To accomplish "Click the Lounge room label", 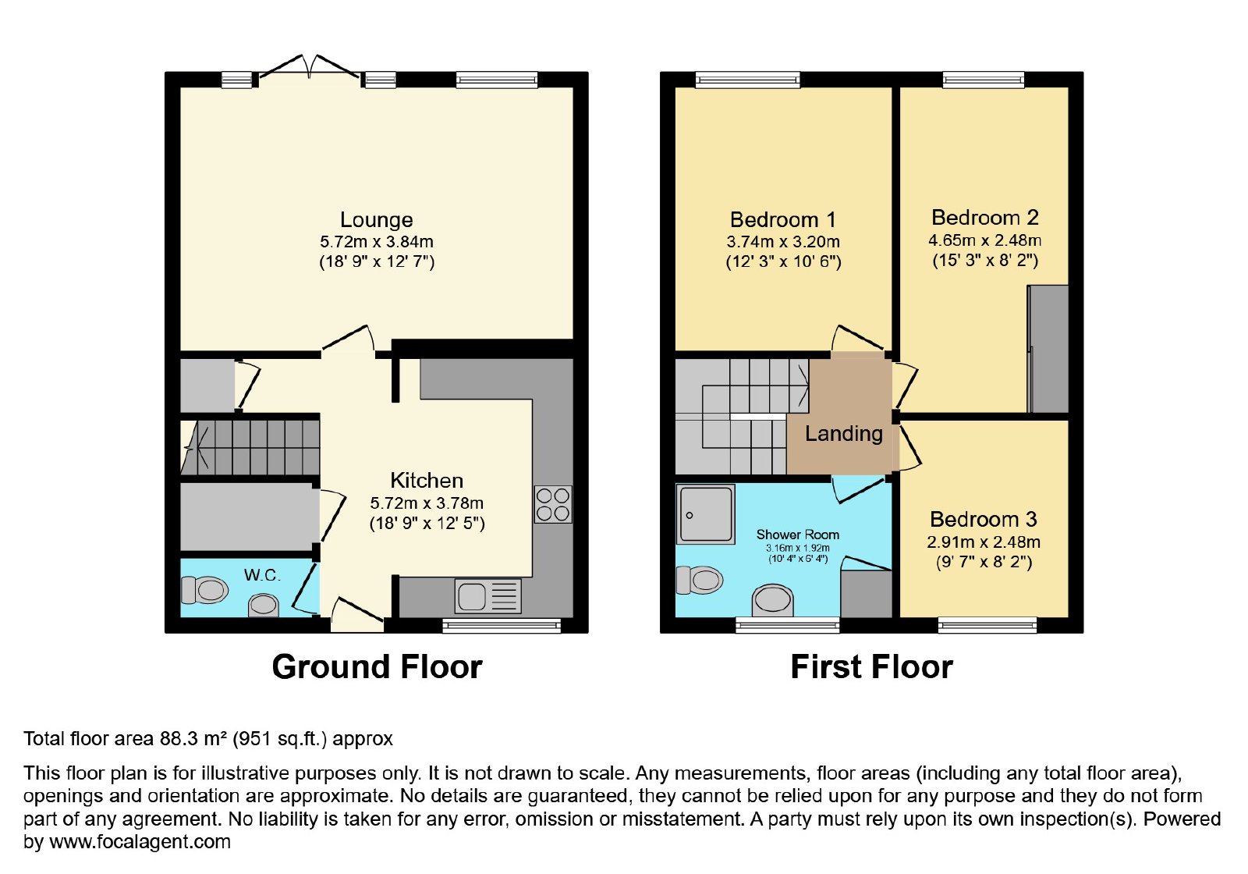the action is pos(377,219).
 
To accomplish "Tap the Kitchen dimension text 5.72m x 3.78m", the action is pos(427,503).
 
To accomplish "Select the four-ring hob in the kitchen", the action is pos(553,504).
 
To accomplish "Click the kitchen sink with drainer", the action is pos(488,596).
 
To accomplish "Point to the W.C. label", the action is pos(262,574).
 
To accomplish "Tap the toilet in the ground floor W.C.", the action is pos(204,590).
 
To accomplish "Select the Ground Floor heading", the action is pos(378,666).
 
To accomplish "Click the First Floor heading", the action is pos(871,666).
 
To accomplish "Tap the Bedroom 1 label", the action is pos(783,219).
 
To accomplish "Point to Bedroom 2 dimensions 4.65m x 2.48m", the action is pos(985,240).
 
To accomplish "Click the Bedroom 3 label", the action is pos(984,520).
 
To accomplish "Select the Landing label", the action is pos(844,434).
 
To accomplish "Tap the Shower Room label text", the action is pos(798,535).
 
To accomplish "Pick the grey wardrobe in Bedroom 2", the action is pos(1048,349).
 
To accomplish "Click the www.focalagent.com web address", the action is pos(140,841).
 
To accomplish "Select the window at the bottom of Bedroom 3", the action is pos(987,625).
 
